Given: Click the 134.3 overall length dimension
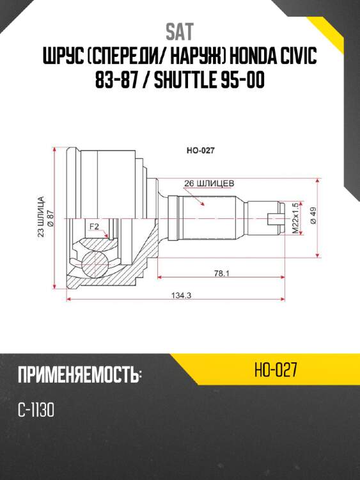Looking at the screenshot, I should click(182, 296).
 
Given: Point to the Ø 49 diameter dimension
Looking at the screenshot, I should click(313, 216).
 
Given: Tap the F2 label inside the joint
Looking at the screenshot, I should click(94, 227).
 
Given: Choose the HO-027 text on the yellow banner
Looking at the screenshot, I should click(275, 370).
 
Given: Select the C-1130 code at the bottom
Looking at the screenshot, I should click(36, 410).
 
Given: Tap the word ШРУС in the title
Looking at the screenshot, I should click(61, 58).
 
